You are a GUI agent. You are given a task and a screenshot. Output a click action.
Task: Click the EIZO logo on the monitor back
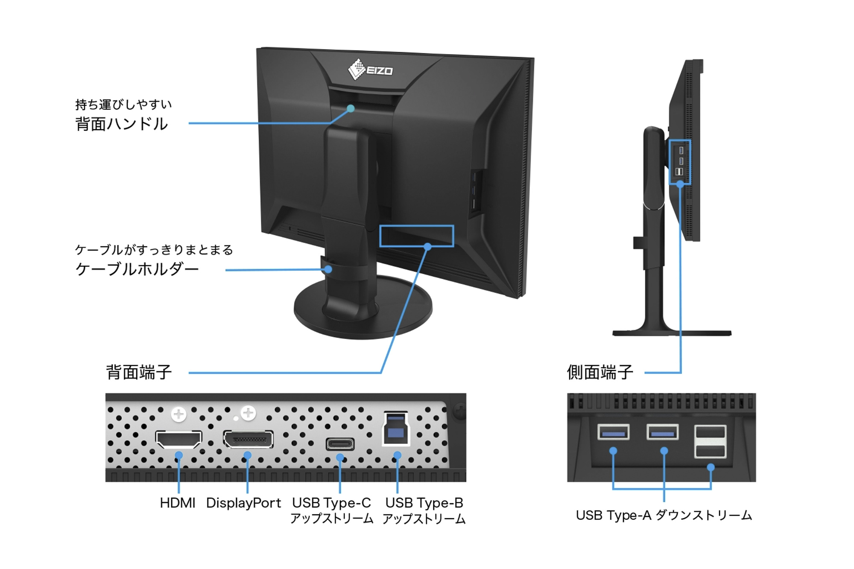point(370,70)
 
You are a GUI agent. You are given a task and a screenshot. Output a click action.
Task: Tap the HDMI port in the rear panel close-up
point(178,439)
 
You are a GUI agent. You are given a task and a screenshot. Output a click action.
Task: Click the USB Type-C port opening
point(340,444)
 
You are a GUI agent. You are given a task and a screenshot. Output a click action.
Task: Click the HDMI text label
point(178,503)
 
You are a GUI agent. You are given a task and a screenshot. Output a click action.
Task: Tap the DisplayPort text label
point(243,503)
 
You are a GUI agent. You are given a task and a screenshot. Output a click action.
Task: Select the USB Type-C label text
point(332,503)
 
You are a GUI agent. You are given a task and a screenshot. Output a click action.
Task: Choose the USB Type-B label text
point(424,503)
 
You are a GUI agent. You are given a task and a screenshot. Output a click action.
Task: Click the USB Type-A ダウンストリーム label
point(664,515)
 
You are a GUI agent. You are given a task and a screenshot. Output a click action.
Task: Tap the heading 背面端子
point(139,372)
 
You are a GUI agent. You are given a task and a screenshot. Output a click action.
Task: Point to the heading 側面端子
point(600,372)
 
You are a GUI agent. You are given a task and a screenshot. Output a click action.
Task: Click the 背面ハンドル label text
point(122,124)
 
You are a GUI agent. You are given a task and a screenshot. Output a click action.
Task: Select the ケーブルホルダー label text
point(137,269)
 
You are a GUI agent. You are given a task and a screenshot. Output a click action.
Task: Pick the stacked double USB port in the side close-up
point(710,441)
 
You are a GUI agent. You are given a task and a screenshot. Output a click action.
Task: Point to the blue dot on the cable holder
point(328,269)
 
